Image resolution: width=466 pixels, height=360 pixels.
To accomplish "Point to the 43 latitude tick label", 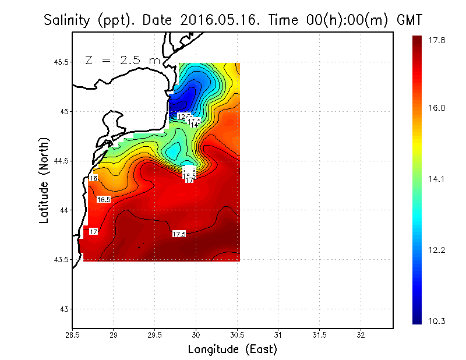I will point(64,309).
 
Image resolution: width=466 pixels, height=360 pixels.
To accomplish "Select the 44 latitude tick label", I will point(64,210).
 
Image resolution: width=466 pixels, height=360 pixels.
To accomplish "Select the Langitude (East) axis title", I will point(232,350).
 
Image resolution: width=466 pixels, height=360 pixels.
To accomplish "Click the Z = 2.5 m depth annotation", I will point(122,60).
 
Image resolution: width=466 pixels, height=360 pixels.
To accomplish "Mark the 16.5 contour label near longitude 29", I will point(103,199).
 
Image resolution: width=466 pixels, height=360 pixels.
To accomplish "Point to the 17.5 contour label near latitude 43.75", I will point(179,234).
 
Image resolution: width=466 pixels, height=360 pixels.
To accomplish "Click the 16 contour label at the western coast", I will point(93,178).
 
